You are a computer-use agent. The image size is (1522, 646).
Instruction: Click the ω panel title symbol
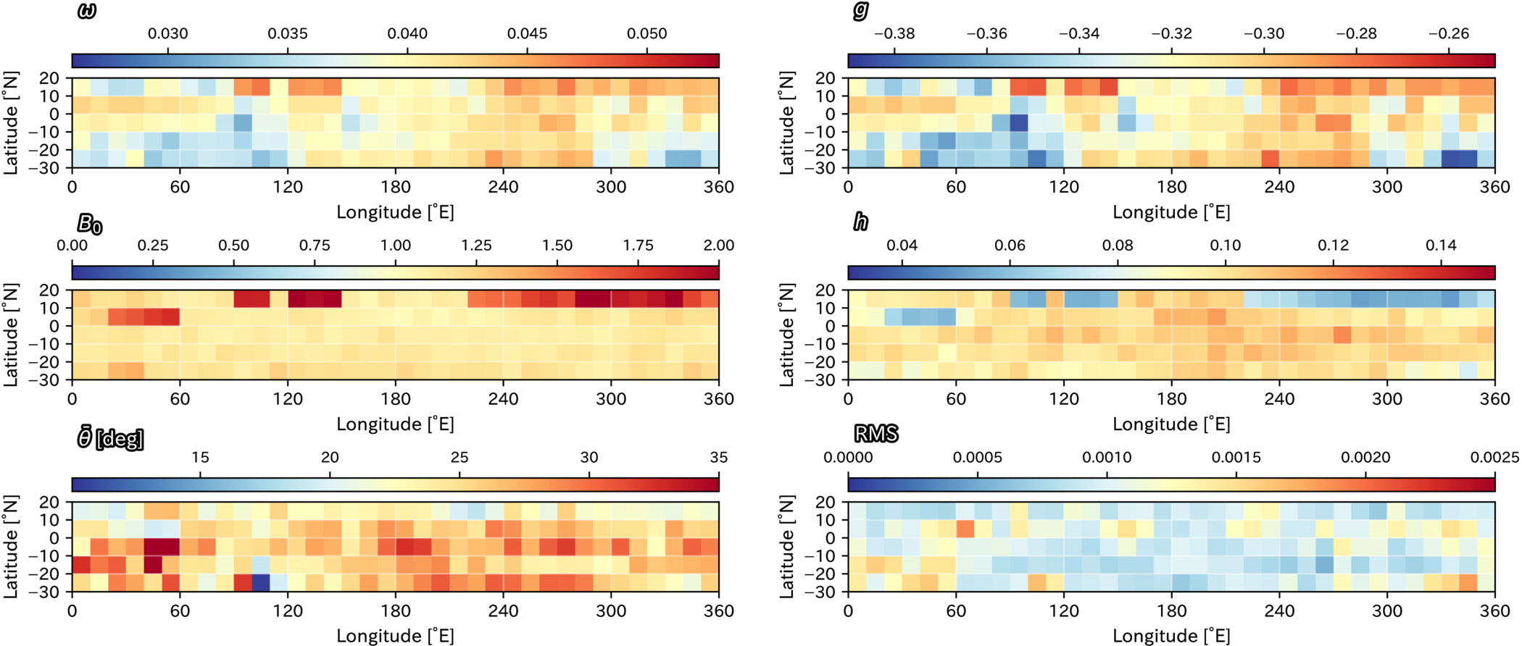click(86, 12)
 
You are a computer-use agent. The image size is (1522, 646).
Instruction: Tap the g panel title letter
click(861, 11)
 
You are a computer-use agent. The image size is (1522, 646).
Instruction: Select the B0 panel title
click(90, 224)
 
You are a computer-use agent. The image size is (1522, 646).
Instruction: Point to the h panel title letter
click(861, 222)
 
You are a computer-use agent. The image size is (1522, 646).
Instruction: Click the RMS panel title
click(876, 434)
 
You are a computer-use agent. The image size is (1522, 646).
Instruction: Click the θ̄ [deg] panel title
click(110, 438)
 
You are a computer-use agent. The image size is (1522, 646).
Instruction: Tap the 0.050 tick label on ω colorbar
click(647, 33)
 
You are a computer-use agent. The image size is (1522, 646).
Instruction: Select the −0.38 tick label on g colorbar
click(894, 33)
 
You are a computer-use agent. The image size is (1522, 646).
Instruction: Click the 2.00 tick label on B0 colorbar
click(719, 246)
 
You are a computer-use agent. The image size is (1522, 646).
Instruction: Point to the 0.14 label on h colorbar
click(1441, 246)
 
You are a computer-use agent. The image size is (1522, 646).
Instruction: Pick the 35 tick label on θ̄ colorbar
click(719, 457)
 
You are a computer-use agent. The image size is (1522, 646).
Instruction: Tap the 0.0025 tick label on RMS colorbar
click(1495, 457)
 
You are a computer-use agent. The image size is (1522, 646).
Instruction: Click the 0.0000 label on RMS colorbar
click(849, 457)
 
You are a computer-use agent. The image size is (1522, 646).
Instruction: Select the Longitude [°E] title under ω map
click(396, 212)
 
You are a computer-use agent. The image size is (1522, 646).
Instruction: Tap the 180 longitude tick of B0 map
click(396, 399)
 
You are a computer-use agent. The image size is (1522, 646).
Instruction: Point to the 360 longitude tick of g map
click(1495, 187)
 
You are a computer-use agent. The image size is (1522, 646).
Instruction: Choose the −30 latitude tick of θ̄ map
click(49, 592)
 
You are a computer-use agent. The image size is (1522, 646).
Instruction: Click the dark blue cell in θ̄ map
click(261, 583)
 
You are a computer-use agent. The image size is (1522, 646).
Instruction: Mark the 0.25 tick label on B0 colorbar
click(153, 246)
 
